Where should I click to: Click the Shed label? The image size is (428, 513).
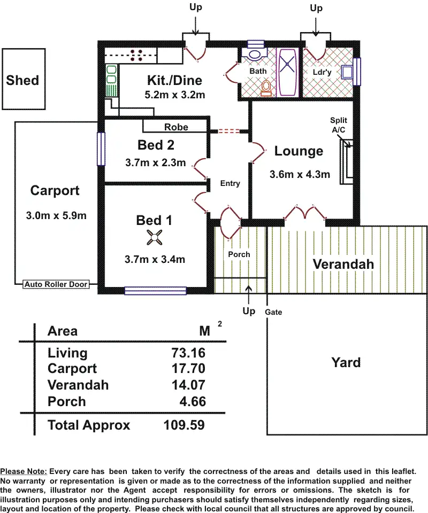click(x=22, y=80)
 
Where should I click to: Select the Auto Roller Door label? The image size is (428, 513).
click(x=56, y=284)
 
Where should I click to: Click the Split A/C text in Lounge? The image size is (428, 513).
click(x=339, y=125)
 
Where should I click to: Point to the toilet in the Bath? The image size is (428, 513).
click(x=266, y=88)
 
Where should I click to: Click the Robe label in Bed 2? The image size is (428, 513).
click(x=175, y=127)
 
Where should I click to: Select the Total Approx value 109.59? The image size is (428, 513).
click(x=184, y=425)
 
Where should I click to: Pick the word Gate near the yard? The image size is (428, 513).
click(x=273, y=312)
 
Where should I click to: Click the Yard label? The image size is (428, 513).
click(x=346, y=362)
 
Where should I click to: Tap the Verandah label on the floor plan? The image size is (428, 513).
click(x=343, y=264)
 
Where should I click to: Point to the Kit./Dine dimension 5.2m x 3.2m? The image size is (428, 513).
click(x=175, y=95)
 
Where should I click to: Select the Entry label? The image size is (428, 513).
click(x=230, y=183)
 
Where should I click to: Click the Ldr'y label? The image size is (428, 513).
click(x=323, y=72)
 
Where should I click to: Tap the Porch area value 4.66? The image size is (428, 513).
click(x=193, y=401)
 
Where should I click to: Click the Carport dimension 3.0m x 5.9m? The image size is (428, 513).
click(x=56, y=216)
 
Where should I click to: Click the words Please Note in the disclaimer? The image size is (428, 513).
click(x=24, y=471)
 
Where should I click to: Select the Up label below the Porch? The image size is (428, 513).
click(x=249, y=310)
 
